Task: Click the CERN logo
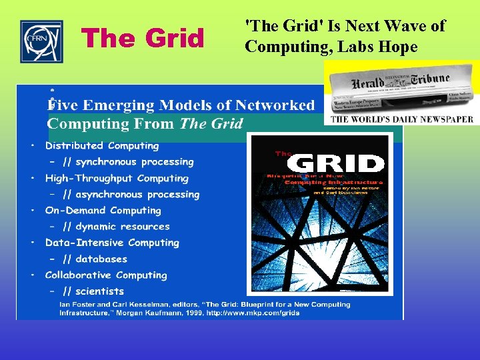pyautogui.click(x=41, y=41)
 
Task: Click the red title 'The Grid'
pyautogui.click(x=143, y=39)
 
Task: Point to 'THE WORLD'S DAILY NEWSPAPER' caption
pyautogui.click(x=402, y=119)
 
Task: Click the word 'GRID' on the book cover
pyautogui.click(x=340, y=164)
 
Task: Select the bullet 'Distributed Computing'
pyautogui.click(x=102, y=145)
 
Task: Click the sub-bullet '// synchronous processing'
pyautogui.click(x=128, y=162)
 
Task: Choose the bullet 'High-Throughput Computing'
pyautogui.click(x=117, y=178)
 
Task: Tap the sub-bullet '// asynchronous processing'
pyautogui.click(x=131, y=195)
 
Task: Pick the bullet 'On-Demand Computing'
pyautogui.click(x=103, y=211)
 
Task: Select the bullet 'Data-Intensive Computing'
pyautogui.click(x=112, y=243)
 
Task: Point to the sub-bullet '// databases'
pyautogui.click(x=95, y=259)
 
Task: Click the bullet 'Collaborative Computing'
pyautogui.click(x=106, y=275)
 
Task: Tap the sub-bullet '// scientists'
pyautogui.click(x=93, y=291)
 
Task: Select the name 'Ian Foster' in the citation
pyautogui.click(x=76, y=305)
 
